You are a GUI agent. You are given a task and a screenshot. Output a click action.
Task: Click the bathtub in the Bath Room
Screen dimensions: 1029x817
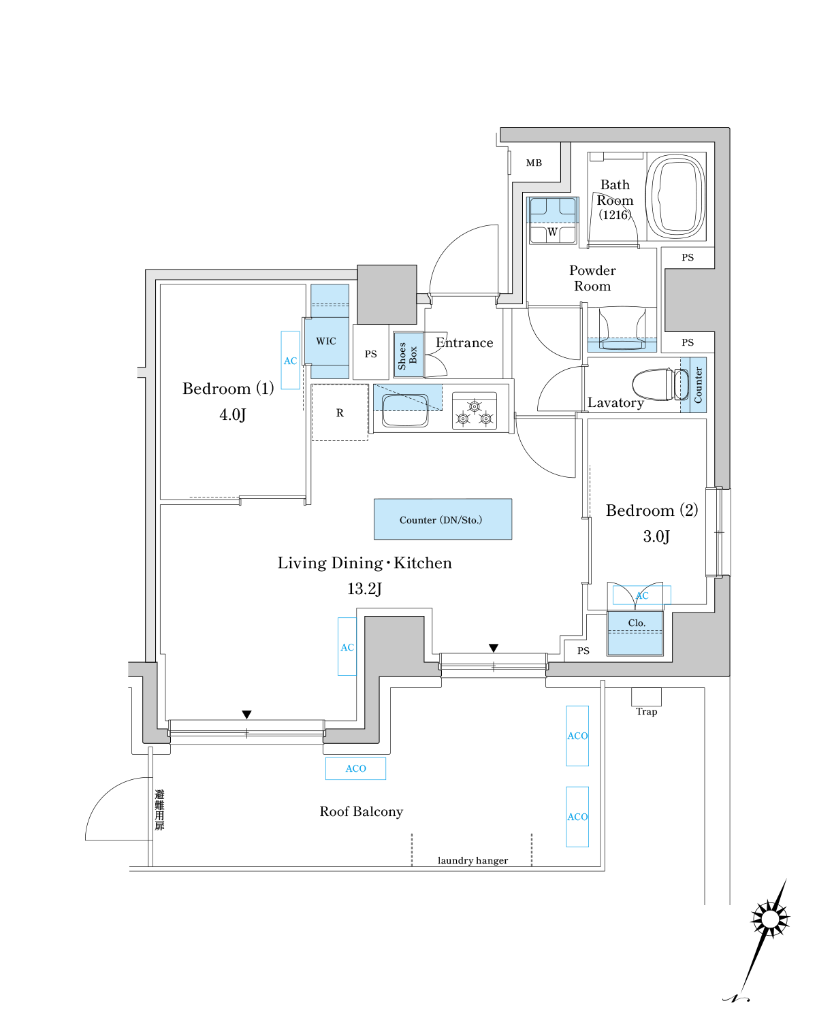click(675, 196)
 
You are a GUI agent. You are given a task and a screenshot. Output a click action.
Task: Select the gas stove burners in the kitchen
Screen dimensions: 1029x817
click(475, 412)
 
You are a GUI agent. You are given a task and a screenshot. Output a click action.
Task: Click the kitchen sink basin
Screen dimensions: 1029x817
click(405, 410)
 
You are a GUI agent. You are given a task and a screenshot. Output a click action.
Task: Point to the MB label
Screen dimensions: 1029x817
click(534, 163)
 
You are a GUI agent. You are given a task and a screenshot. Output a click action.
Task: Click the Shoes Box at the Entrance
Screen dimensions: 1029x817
click(408, 355)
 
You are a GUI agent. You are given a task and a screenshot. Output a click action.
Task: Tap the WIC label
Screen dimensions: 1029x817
click(326, 342)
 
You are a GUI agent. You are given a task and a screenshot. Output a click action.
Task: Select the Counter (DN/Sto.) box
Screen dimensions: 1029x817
click(443, 520)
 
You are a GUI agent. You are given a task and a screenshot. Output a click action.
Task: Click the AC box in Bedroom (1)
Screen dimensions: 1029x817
click(291, 361)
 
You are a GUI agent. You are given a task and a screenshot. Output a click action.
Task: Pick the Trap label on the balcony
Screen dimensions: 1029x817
click(647, 712)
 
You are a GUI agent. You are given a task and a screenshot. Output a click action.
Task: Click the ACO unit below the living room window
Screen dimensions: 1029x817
click(355, 768)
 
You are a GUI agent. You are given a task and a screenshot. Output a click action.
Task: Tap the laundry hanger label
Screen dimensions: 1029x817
click(472, 861)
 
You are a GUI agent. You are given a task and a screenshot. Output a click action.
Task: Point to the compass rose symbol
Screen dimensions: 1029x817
click(770, 919)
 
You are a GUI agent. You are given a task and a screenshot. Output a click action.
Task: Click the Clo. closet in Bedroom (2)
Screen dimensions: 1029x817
click(635, 634)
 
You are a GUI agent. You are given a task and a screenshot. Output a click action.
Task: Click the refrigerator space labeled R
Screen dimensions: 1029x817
click(340, 413)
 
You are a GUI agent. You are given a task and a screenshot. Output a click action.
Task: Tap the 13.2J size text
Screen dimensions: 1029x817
click(364, 589)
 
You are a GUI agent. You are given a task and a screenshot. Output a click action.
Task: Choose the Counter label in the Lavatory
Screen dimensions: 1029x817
click(699, 385)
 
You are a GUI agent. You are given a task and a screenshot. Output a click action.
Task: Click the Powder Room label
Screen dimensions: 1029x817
click(592, 278)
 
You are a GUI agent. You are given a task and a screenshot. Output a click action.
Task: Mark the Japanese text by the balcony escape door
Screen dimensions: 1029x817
click(159, 810)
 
